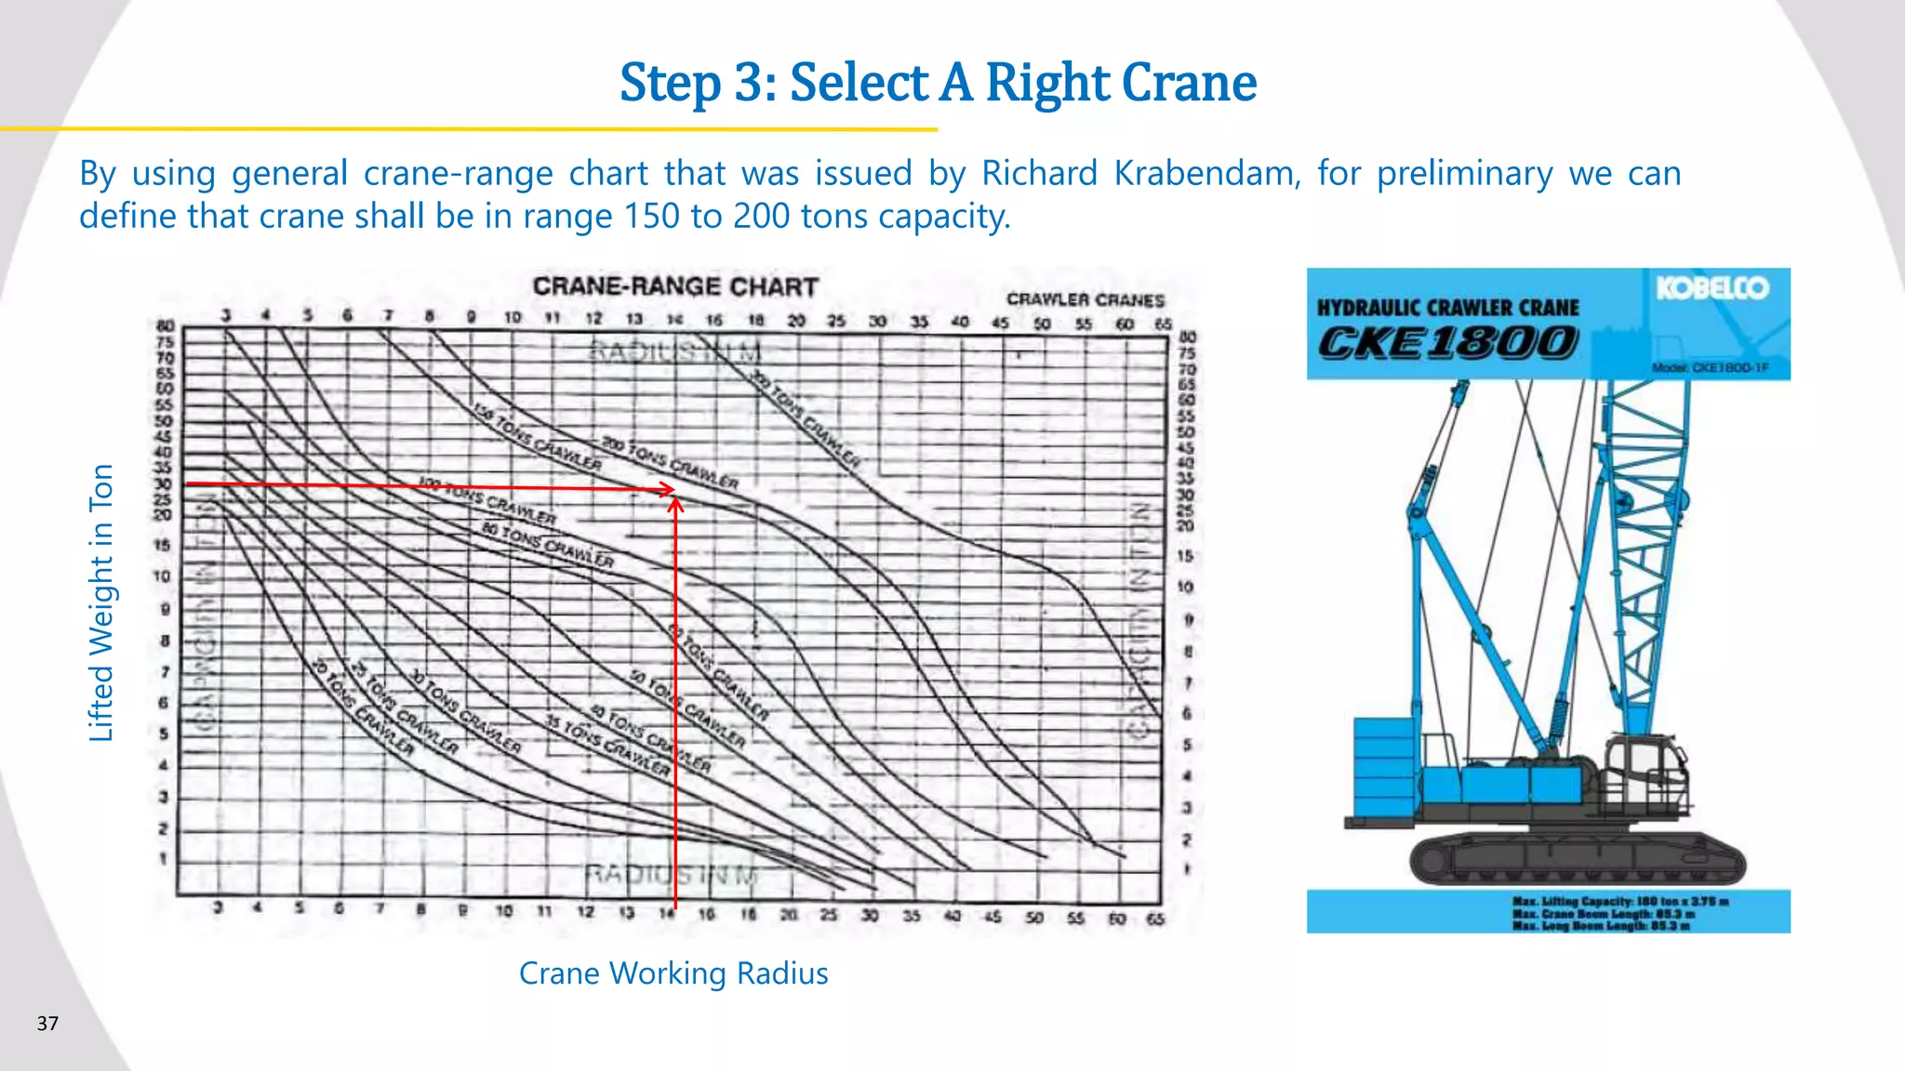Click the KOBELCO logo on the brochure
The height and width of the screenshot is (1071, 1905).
click(1712, 288)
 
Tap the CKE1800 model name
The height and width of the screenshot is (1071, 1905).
click(1447, 343)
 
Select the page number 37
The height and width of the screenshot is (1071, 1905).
click(47, 1024)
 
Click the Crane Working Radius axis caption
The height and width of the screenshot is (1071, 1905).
click(673, 973)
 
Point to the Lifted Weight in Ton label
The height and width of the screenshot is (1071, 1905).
click(100, 602)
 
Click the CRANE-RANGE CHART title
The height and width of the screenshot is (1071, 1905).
click(675, 286)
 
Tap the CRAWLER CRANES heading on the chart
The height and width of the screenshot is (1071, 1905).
click(1085, 299)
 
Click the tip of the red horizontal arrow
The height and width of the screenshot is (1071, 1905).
click(673, 489)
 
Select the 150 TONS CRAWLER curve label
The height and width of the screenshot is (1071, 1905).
click(537, 436)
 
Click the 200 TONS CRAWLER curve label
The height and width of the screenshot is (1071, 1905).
click(670, 462)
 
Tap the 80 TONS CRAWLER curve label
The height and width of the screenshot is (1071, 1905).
click(548, 544)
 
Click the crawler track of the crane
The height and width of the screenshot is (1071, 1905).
click(1578, 860)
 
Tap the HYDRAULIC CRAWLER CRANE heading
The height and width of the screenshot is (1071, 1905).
click(1447, 308)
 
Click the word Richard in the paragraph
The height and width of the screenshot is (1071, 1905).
click(1039, 174)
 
